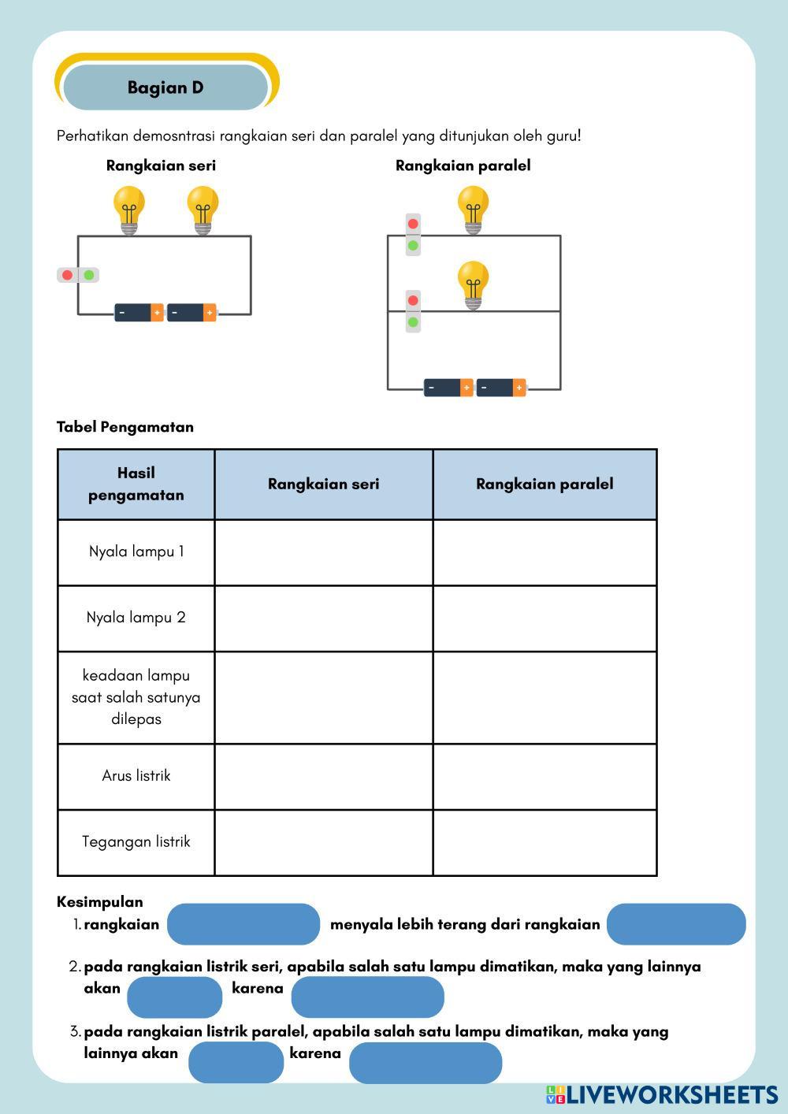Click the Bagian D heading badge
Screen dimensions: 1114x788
click(165, 87)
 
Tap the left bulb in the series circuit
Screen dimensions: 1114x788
click(128, 208)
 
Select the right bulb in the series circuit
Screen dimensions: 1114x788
click(203, 208)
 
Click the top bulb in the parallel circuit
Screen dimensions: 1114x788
click(473, 208)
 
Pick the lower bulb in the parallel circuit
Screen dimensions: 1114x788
click(473, 284)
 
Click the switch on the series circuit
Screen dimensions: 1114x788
click(78, 275)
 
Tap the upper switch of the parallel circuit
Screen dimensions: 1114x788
click(413, 235)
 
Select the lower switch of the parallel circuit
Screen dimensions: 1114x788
click(413, 311)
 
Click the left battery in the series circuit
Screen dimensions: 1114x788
click(139, 313)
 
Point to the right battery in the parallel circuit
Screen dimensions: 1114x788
click(501, 388)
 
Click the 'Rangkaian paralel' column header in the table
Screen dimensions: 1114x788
click(545, 484)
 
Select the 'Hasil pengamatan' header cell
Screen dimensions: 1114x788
click(136, 484)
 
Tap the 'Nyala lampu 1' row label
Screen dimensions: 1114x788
click(136, 551)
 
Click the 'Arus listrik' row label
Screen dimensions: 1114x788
click(136, 776)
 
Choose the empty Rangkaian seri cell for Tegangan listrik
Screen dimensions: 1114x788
click(323, 842)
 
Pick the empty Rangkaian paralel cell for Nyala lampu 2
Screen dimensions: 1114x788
click(545, 618)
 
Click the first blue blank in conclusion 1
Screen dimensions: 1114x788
click(243, 924)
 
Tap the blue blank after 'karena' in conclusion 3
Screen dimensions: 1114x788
click(426, 1063)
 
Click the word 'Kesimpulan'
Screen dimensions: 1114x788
click(100, 902)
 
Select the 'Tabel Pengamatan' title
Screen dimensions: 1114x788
click(125, 427)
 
